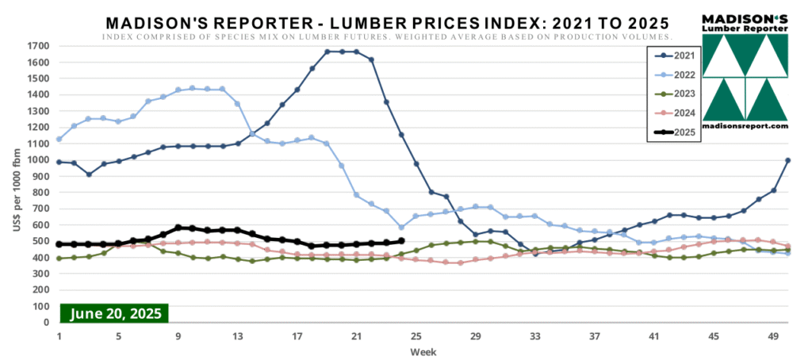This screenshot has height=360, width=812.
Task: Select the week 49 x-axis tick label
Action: [x=772, y=335]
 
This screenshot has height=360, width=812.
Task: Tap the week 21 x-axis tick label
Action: [x=356, y=335]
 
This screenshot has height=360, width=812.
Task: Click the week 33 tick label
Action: [x=534, y=335]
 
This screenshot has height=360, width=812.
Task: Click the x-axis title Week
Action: [x=421, y=350]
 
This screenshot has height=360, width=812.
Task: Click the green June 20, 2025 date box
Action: [x=115, y=313]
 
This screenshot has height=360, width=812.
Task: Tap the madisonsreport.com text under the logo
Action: [x=745, y=126]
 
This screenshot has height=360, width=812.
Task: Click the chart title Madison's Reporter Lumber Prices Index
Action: [x=386, y=20]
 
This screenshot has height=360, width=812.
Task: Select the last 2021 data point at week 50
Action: [x=787, y=160]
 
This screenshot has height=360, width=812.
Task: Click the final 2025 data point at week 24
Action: [x=401, y=241]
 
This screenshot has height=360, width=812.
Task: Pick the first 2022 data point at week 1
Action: [x=59, y=140]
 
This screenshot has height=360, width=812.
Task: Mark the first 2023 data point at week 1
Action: [x=59, y=259]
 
